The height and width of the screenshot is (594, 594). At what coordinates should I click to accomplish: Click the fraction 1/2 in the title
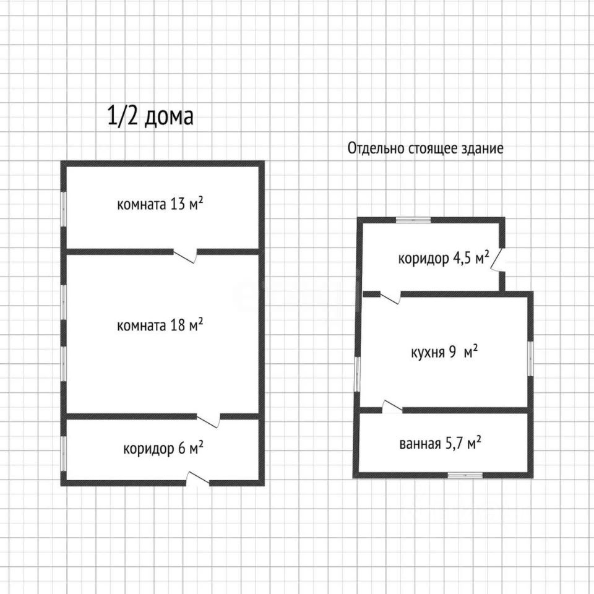[123, 116]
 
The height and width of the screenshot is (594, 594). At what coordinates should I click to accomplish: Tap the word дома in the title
[169, 117]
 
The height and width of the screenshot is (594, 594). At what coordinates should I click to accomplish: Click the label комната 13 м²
[160, 204]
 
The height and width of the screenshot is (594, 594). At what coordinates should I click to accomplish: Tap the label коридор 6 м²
[163, 449]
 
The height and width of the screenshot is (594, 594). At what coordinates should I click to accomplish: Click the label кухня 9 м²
[444, 353]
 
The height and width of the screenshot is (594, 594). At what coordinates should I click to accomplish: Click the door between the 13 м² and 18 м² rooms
[185, 254]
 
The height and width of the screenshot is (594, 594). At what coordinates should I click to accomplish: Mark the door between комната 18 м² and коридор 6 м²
[209, 420]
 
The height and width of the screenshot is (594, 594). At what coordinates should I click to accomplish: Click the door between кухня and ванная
[392, 408]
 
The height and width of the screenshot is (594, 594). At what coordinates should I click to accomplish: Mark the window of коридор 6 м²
[63, 452]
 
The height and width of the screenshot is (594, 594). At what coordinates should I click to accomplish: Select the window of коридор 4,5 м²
[413, 219]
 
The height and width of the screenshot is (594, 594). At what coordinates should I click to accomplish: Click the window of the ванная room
[465, 475]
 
